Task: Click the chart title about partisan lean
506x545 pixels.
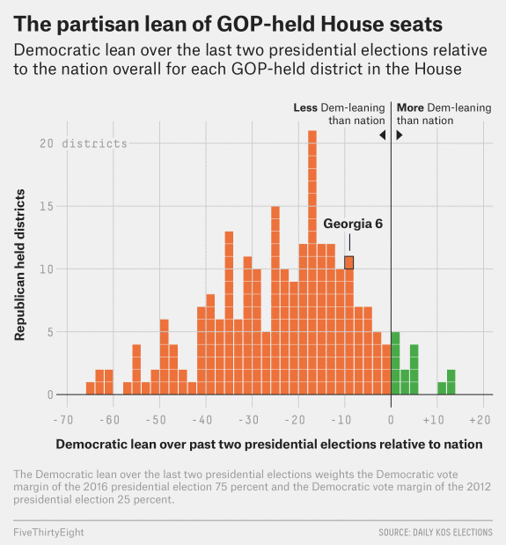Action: pyautogui.click(x=228, y=21)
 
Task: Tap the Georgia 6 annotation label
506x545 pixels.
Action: pyautogui.click(x=353, y=224)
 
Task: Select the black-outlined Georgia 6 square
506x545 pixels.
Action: pyautogui.click(x=349, y=262)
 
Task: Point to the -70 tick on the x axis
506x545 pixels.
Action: pyautogui.click(x=62, y=419)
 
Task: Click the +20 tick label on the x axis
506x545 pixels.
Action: pyautogui.click(x=480, y=419)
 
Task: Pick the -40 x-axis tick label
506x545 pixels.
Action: pyautogui.click(x=202, y=419)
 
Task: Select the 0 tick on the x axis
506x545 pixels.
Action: pyautogui.click(x=391, y=419)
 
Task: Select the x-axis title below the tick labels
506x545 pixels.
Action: pyautogui.click(x=269, y=445)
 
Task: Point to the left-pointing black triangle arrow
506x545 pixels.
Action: pyautogui.click(x=382, y=135)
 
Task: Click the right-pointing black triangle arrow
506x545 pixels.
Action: pyautogui.click(x=400, y=135)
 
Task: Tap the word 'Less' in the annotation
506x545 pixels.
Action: pyautogui.click(x=305, y=107)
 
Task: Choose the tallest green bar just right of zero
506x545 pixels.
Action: pyautogui.click(x=396, y=363)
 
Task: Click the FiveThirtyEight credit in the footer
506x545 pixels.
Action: pyautogui.click(x=49, y=532)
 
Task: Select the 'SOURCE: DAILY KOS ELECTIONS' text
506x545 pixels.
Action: pyautogui.click(x=436, y=533)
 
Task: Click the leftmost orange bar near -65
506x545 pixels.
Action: pyautogui.click(x=90, y=388)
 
